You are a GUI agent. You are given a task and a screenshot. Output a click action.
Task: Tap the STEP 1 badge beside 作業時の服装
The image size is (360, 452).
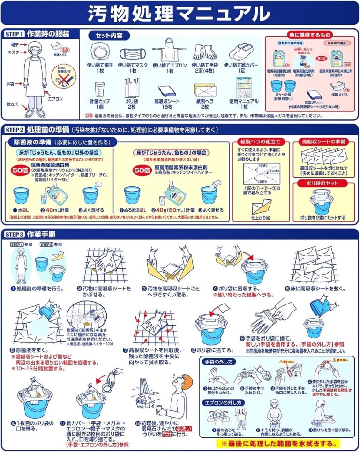[x=14, y=34]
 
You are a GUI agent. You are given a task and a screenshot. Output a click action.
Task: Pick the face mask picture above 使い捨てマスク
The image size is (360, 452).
[x=133, y=51]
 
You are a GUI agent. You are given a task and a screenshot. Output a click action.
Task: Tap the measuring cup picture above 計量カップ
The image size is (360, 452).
[x=99, y=89]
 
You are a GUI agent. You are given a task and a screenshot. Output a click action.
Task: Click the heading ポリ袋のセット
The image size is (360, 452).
[x=322, y=184]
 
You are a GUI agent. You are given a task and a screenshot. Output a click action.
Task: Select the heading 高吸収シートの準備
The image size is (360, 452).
[x=322, y=141]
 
